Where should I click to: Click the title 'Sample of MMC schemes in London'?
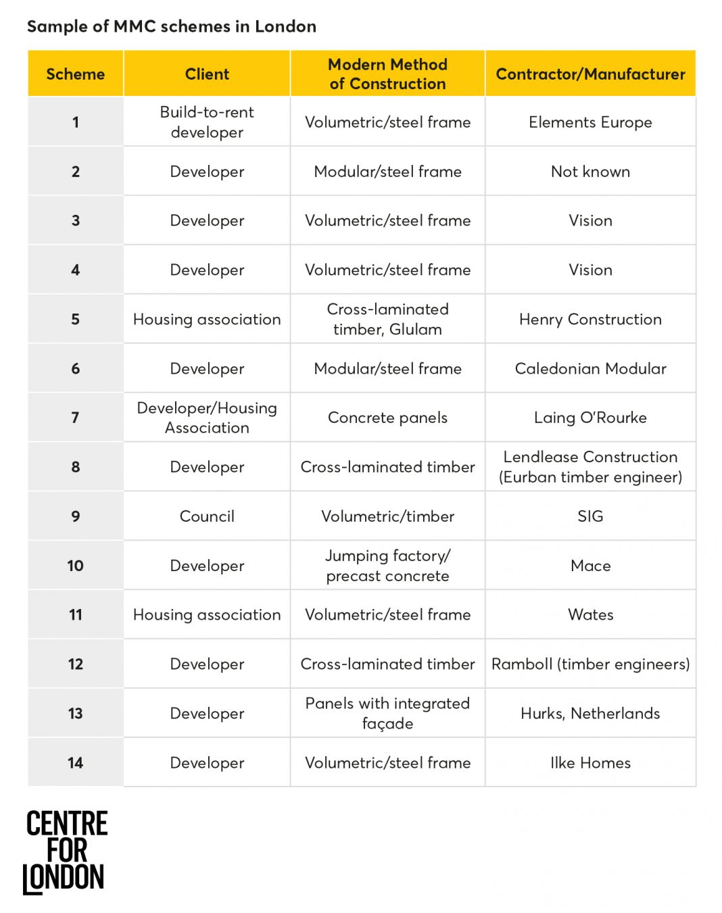[172, 26]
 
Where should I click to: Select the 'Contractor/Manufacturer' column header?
[590, 74]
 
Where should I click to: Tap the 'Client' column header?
[207, 74]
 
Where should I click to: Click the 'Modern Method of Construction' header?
[387, 74]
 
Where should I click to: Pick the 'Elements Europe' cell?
[590, 122]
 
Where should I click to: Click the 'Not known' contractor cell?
[590, 172]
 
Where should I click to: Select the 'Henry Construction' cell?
[590, 319]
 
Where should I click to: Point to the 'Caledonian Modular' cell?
[590, 368]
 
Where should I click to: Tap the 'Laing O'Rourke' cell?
[590, 418]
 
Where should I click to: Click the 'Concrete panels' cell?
[387, 418]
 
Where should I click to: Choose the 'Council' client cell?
[207, 516]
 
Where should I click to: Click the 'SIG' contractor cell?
[590, 516]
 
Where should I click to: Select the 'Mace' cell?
[590, 566]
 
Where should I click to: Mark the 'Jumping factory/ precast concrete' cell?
[387, 566]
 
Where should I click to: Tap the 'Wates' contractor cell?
[590, 615]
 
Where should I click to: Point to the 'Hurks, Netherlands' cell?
[590, 714]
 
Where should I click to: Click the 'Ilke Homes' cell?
[590, 763]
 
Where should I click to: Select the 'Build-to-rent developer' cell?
[207, 122]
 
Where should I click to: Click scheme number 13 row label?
[76, 714]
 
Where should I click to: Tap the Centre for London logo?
[65, 852]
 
